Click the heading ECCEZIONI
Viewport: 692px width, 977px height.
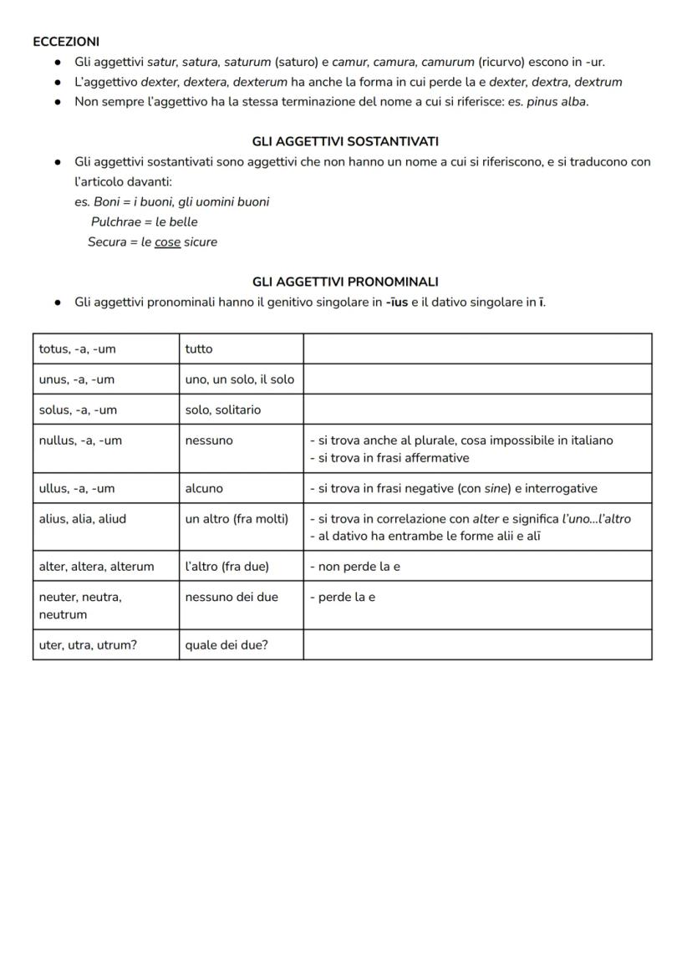pyautogui.click(x=66, y=41)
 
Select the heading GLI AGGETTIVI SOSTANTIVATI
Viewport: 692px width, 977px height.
pyautogui.click(x=345, y=141)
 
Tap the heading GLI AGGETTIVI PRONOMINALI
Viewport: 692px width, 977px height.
pyautogui.click(x=345, y=282)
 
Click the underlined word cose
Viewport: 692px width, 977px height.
pyautogui.click(x=167, y=242)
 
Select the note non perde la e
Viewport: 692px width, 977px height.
pyautogui.click(x=355, y=567)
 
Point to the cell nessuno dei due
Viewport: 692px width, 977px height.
pyautogui.click(x=232, y=597)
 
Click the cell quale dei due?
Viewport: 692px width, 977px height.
pyautogui.click(x=226, y=644)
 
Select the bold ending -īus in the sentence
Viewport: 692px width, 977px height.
pyautogui.click(x=397, y=302)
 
